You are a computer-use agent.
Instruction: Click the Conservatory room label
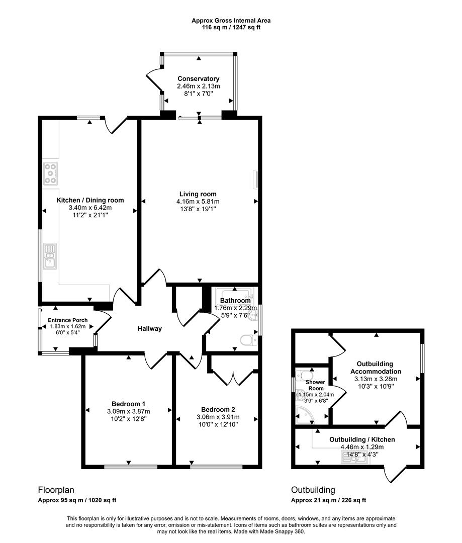point(198,79)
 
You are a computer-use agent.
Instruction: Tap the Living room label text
point(198,194)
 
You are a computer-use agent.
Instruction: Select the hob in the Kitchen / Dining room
point(50,173)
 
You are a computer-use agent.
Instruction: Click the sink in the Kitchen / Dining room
point(50,255)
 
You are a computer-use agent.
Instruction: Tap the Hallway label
point(150,329)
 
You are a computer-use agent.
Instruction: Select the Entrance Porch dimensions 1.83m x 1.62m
point(67,326)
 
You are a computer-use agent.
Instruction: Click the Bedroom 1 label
point(128,404)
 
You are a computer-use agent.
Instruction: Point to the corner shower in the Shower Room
point(304,414)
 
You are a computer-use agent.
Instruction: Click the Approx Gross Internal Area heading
point(231,21)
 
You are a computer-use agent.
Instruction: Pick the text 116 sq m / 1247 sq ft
point(231,28)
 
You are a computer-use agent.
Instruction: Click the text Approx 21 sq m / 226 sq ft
point(329,500)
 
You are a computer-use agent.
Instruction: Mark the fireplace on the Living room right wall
point(255,179)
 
